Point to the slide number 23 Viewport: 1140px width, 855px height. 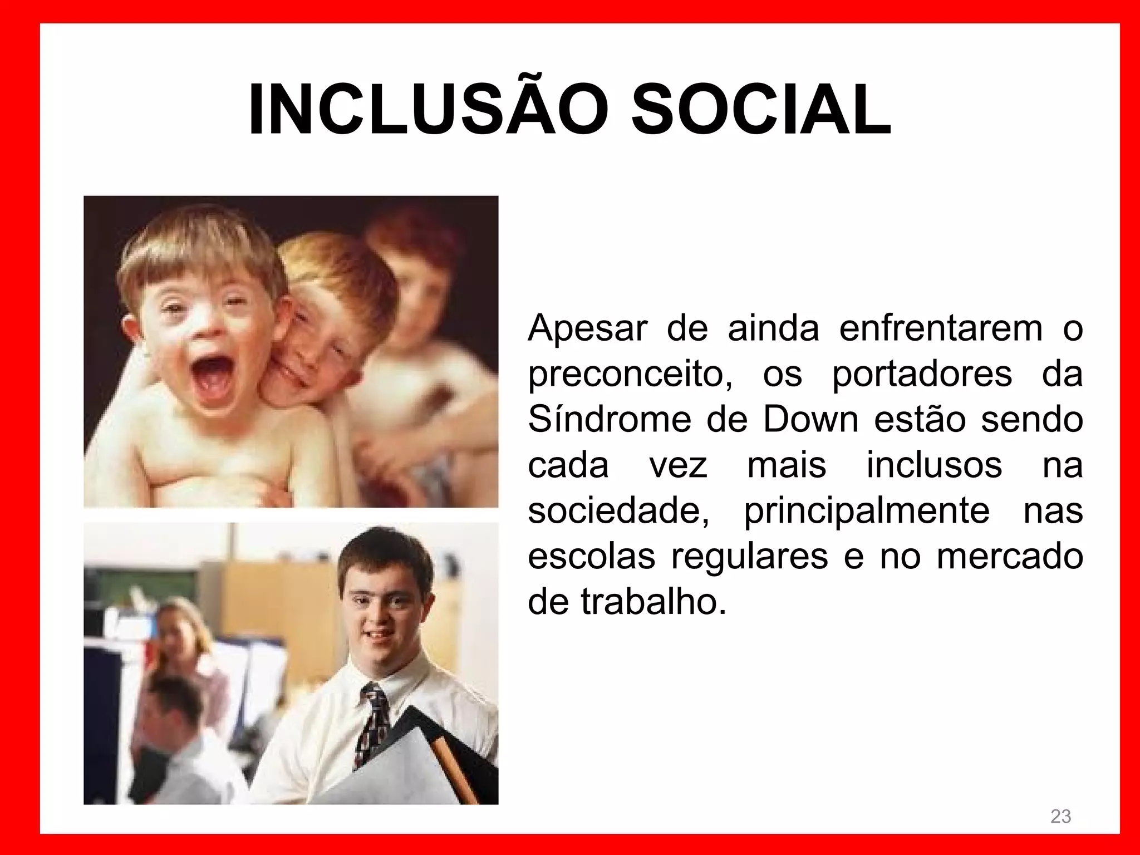(1060, 817)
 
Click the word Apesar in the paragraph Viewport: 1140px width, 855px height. (587, 329)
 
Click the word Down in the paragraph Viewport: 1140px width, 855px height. (810, 420)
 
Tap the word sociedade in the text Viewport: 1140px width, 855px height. (618, 510)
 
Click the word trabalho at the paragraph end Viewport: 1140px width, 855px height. (654, 601)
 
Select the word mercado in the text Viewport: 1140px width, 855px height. (1010, 556)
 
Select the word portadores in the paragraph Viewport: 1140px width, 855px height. (922, 375)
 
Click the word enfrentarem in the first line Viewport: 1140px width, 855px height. (941, 329)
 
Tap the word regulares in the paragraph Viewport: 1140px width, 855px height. (749, 556)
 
